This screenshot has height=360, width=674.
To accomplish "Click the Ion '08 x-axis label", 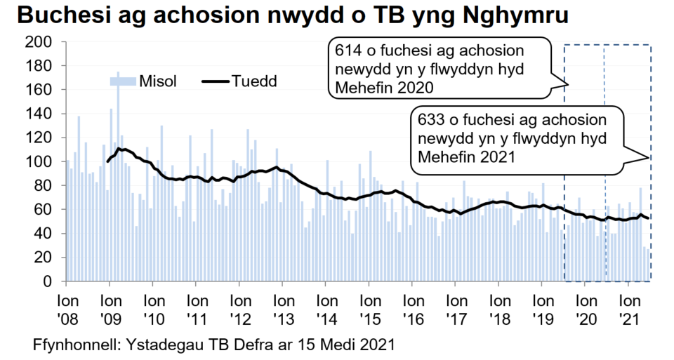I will click(66, 307).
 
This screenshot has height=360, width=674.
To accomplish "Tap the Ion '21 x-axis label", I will click(628, 307).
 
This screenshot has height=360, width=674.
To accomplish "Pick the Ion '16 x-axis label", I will click(412, 307).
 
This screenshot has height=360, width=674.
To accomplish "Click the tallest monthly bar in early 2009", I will click(117, 175).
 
